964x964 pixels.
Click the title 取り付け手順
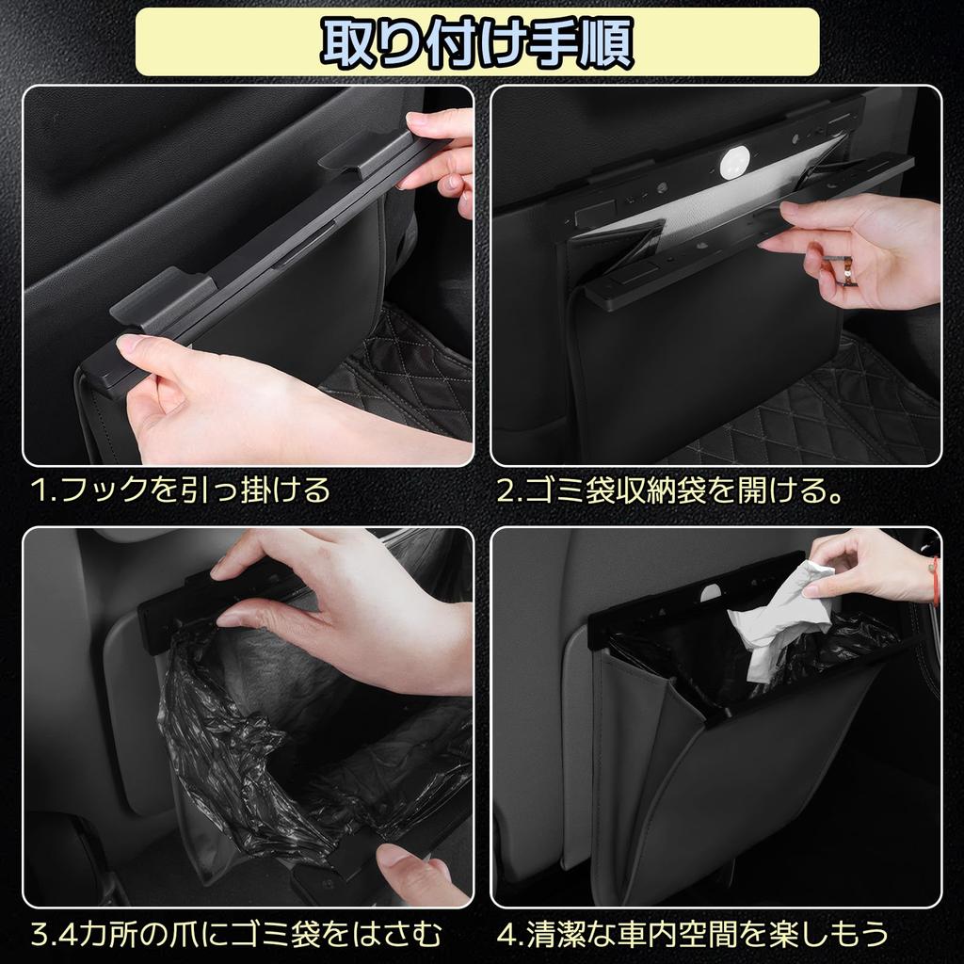477,40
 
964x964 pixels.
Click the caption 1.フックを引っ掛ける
180,490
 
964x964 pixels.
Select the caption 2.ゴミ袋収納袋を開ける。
669,490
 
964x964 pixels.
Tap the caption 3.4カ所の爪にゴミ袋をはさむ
235,934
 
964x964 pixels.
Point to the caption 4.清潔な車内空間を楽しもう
693,934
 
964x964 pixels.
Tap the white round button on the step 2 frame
733,163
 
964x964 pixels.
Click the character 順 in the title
599,40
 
